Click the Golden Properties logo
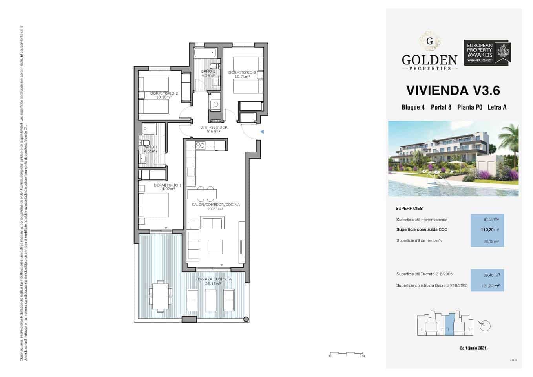coord(429,53)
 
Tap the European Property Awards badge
coord(487,52)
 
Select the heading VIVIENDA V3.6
coord(453,90)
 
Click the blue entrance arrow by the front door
coord(262,132)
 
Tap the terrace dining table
coord(160,296)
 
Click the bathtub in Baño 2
coord(205,52)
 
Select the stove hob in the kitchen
coord(200,145)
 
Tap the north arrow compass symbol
coord(485,326)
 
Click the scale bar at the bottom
coord(347,353)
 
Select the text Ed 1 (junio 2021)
coord(474,348)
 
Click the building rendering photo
coord(453,159)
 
